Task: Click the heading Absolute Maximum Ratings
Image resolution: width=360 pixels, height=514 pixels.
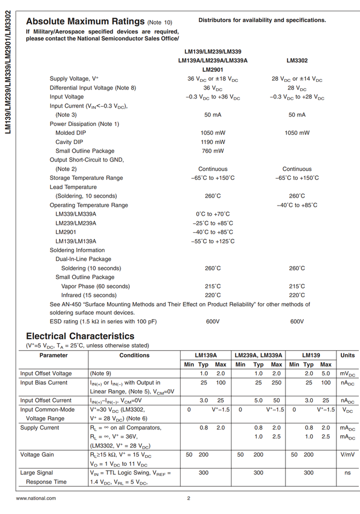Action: click(x=85, y=22)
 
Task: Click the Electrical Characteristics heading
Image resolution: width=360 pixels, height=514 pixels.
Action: click(x=80, y=336)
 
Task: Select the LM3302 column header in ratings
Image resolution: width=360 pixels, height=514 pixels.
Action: click(x=297, y=61)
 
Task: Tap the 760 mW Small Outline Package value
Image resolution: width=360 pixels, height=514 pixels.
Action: click(x=213, y=151)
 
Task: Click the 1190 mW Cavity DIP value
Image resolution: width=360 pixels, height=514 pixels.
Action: click(x=213, y=142)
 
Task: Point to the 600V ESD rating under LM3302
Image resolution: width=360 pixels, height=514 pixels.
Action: click(x=297, y=322)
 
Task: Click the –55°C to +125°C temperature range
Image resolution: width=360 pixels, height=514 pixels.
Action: click(x=213, y=241)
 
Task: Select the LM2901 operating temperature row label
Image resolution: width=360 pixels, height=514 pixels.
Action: click(x=65, y=232)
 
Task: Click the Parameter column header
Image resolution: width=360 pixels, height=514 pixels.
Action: click(x=54, y=356)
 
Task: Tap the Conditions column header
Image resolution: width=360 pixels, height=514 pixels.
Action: click(x=134, y=356)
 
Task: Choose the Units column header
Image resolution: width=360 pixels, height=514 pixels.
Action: click(x=348, y=356)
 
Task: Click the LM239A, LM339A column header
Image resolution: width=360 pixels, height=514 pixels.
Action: click(x=259, y=356)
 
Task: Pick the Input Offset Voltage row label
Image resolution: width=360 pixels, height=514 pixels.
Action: click(x=46, y=374)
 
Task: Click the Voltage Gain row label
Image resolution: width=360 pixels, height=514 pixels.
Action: click(x=37, y=455)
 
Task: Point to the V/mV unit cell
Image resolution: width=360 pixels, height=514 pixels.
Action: click(x=348, y=455)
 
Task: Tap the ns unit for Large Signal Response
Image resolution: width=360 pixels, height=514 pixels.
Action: click(x=348, y=473)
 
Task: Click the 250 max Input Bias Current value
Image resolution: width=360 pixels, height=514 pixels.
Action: click(x=276, y=383)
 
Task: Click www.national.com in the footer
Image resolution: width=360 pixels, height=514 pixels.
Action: click(x=36, y=498)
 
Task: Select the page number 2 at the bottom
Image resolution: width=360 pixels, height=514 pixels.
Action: click(x=189, y=498)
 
